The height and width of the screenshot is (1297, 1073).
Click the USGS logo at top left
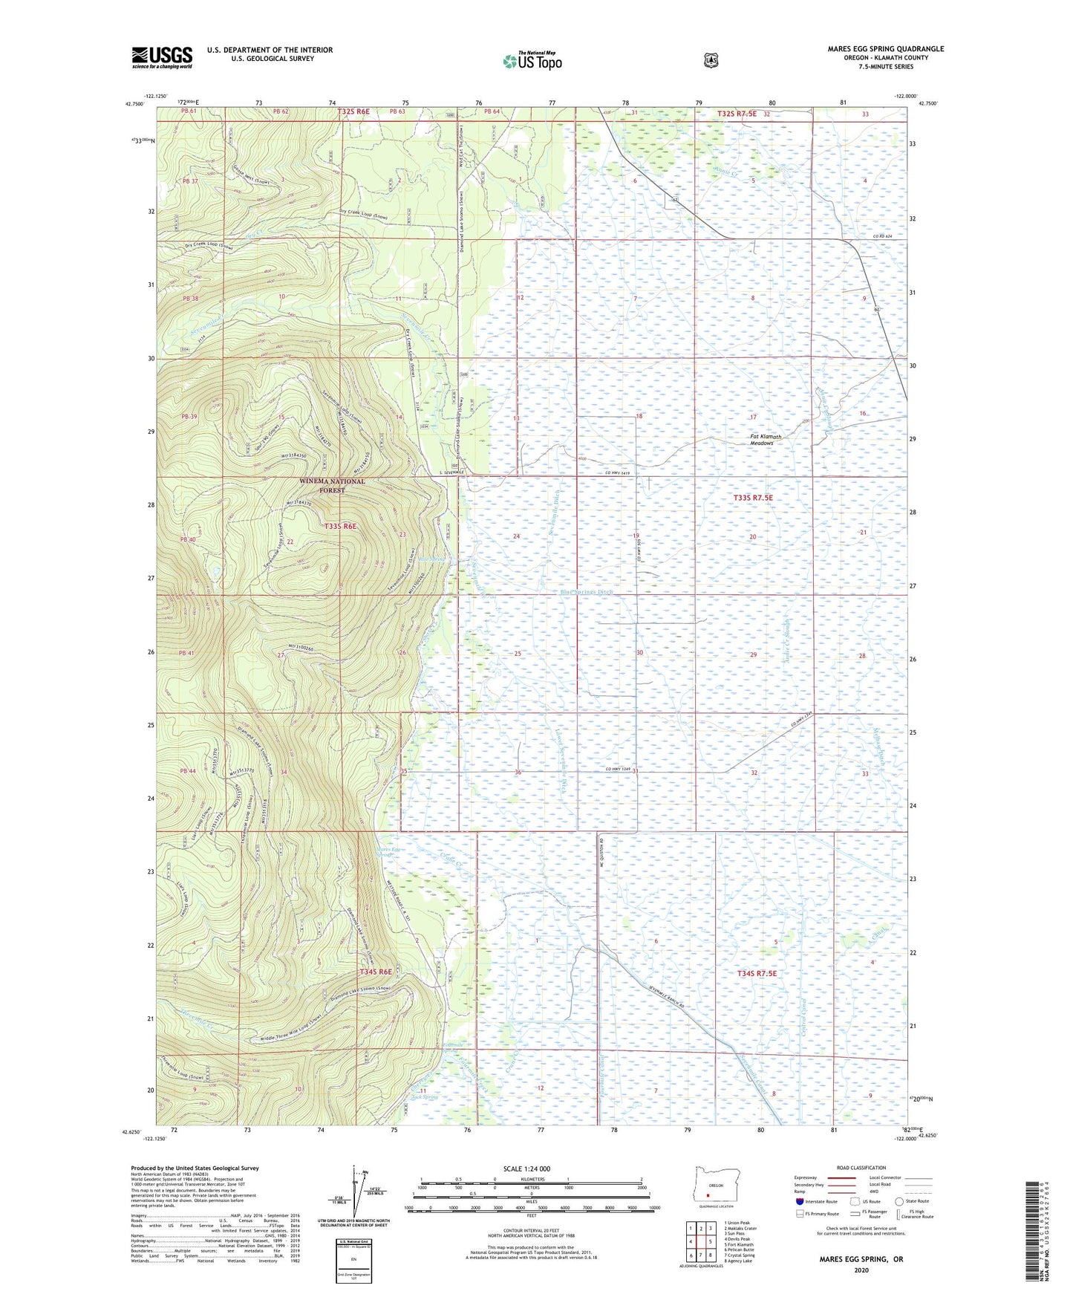coord(162,57)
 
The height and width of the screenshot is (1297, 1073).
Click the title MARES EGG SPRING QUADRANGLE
coord(885,49)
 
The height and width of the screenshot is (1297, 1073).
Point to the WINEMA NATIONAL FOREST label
coord(332,486)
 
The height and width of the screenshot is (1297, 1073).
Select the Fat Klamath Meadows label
coord(772,439)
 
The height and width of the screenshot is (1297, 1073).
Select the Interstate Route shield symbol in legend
coord(799,1201)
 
